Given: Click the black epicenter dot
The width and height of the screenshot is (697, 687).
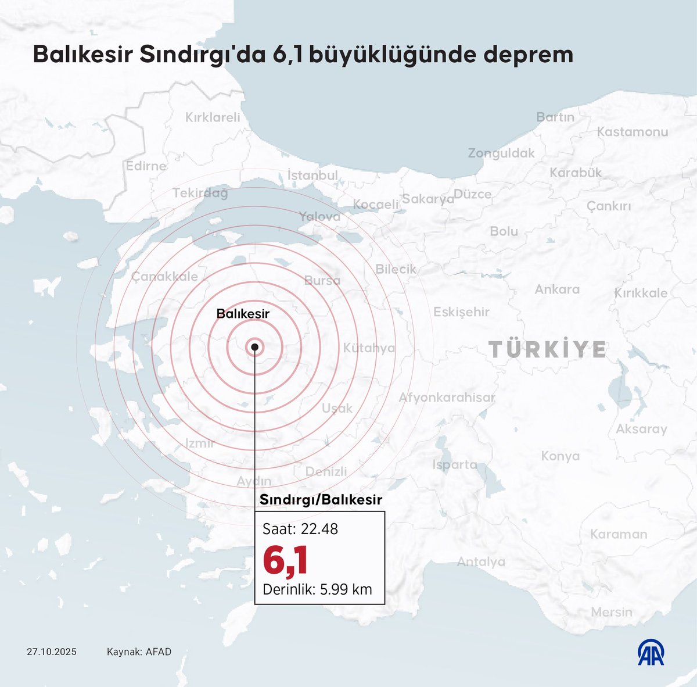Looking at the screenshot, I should pos(254,347).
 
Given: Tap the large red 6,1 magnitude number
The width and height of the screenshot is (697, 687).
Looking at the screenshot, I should pos(285,560).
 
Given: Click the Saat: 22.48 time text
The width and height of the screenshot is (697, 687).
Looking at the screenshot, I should pos(300,529).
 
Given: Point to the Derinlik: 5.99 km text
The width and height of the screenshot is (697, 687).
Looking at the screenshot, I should pos(317,589).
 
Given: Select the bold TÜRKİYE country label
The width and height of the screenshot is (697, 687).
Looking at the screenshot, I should pos(548,350).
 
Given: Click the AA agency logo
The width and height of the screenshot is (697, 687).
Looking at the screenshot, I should pos(651,653).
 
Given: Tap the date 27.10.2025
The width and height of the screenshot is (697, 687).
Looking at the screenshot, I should pos(52,652).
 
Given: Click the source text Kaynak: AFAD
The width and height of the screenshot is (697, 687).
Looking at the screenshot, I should pos(139,652).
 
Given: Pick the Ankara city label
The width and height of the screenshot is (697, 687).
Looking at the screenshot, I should pos(557,289).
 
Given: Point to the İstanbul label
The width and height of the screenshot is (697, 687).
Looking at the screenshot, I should pos(312,175).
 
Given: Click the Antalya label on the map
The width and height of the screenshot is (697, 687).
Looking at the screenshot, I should pos(481,562).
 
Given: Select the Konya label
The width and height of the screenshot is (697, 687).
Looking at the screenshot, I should pos(560,456).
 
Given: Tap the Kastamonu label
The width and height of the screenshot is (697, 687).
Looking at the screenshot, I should pos(633,132).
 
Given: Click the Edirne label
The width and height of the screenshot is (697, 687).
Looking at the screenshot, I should pos(146,166).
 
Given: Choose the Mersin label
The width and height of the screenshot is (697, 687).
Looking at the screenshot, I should pos(612,612).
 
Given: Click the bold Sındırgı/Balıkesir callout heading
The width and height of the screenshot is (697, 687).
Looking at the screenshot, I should pos(321,500).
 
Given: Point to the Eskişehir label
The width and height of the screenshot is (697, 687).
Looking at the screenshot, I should pos(461,312).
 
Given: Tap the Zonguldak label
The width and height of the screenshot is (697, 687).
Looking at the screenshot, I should pos(501,153).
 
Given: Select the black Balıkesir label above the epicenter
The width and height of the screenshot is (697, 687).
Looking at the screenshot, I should pos(243,314).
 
